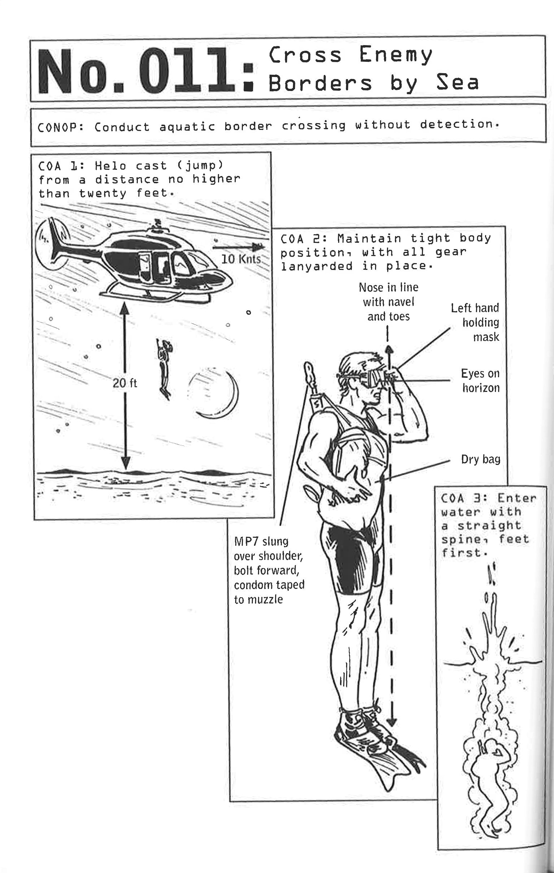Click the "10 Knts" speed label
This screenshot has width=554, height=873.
[241, 259]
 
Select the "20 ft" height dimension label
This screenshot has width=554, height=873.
[125, 383]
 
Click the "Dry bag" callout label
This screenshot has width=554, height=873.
[480, 459]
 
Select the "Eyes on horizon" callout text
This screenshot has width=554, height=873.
[480, 381]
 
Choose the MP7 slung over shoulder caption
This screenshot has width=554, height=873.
[268, 570]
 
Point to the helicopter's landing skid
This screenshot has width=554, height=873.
[156, 297]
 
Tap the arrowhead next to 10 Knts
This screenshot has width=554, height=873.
[258, 247]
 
